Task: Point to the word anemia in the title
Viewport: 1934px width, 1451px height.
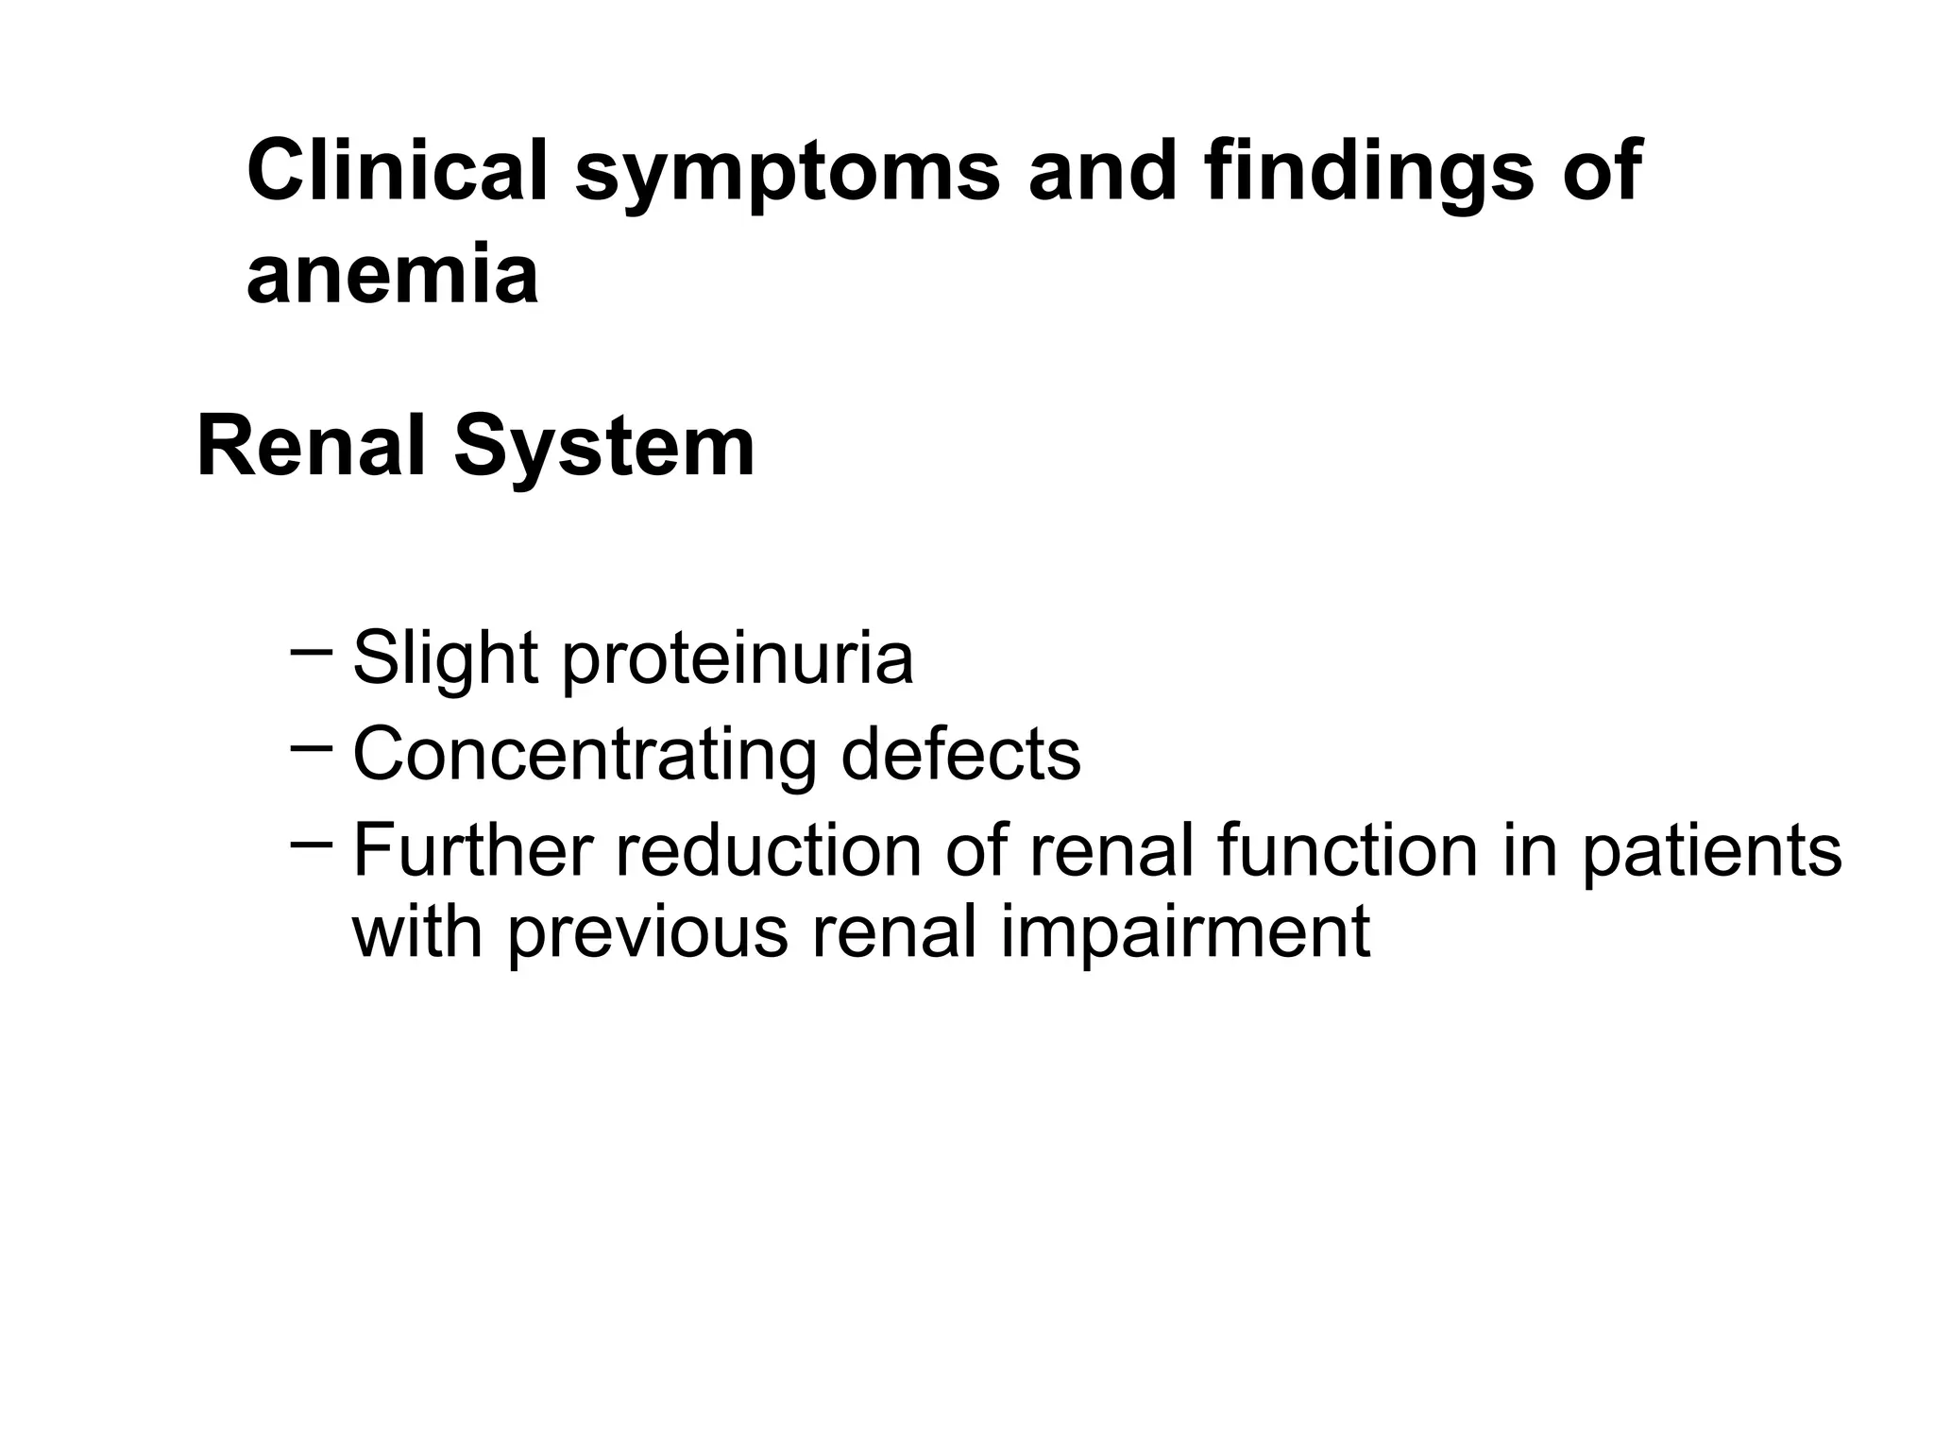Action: point(392,276)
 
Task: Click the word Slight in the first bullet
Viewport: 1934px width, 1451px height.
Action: point(445,659)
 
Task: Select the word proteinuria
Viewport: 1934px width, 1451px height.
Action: point(738,659)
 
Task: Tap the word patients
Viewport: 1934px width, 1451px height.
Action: point(1711,851)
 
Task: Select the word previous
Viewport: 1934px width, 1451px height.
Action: point(647,933)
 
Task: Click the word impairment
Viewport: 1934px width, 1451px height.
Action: point(1184,933)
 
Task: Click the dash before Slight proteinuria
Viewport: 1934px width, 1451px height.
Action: point(312,651)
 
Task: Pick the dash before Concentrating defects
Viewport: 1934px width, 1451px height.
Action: point(312,747)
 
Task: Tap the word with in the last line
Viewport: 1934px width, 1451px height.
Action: point(416,931)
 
